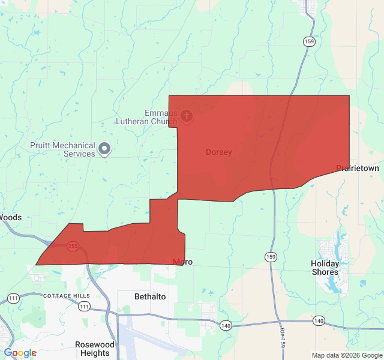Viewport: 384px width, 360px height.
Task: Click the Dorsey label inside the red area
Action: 218,152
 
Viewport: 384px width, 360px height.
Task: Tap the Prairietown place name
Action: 358,169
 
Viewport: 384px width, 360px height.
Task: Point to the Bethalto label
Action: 150,297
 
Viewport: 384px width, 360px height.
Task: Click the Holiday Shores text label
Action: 325,268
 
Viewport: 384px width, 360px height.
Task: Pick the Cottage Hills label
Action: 66,296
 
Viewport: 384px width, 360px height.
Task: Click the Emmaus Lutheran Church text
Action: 161,117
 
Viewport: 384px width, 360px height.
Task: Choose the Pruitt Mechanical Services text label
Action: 63,149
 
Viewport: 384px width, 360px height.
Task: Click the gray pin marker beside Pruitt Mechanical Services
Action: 104,148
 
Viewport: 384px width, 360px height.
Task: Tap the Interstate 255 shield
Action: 73,247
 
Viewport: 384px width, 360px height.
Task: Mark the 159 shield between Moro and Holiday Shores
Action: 271,257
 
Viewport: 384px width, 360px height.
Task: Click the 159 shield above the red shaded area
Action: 308,41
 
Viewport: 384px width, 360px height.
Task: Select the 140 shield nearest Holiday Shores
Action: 318,322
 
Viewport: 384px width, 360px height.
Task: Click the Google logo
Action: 20,353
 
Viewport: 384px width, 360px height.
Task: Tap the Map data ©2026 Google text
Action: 347,355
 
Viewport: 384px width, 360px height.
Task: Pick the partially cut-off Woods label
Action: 11,217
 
